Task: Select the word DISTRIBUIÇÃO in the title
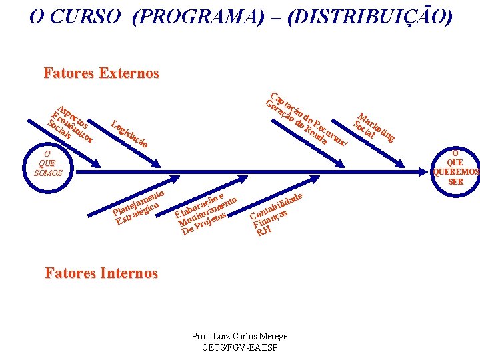click(370, 16)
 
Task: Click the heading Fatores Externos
click(101, 73)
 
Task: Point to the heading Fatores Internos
click(101, 273)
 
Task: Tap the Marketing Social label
click(373, 127)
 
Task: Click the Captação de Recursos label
click(307, 119)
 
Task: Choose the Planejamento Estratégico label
click(139, 206)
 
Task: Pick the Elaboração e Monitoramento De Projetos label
click(204, 213)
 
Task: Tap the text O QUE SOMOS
click(48, 163)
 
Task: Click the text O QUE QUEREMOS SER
click(455, 167)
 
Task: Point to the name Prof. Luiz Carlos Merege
click(239, 337)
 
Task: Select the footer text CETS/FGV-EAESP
click(239, 347)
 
